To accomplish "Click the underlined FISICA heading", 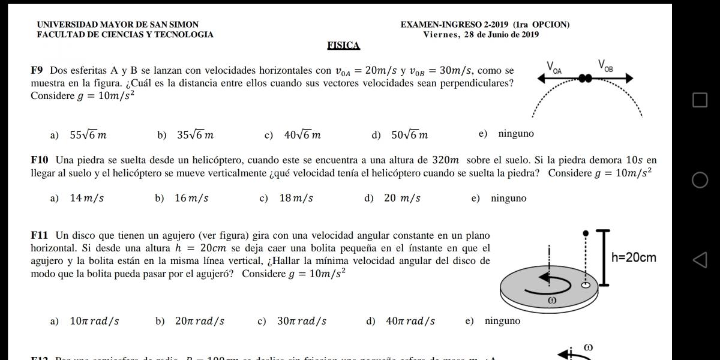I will [344, 46].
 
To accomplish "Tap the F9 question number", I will [38, 70].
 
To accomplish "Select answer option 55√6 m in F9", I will [88, 135].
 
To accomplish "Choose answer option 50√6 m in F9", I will [409, 135].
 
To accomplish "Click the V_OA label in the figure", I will [554, 66].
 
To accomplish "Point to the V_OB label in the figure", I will [605, 65].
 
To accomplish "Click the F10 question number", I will [40, 160].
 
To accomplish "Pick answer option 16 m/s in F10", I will [191, 198].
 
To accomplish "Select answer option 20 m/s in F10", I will [402, 198].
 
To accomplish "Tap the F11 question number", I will [40, 235].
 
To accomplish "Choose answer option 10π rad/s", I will [94, 321].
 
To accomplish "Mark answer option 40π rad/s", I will [410, 321].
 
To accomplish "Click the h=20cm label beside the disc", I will [634, 257].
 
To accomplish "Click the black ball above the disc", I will [586, 232].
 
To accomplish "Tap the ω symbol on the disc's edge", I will [552, 300].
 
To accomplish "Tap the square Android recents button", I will [700, 100].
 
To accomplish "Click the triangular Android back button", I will [700, 260].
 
